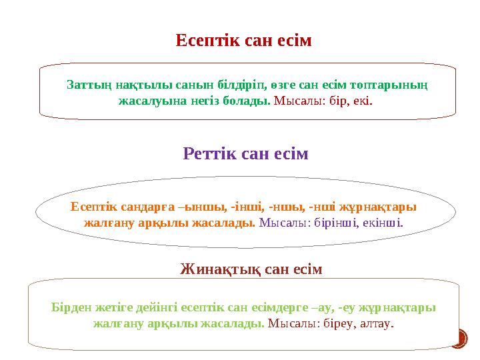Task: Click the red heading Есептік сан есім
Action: (244, 41)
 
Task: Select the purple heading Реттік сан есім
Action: (246, 155)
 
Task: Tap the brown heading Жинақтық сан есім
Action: (251, 269)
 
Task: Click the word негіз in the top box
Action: (217, 103)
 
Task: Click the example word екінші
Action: (381, 223)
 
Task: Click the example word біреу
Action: (336, 325)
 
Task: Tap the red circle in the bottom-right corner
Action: (457, 339)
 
